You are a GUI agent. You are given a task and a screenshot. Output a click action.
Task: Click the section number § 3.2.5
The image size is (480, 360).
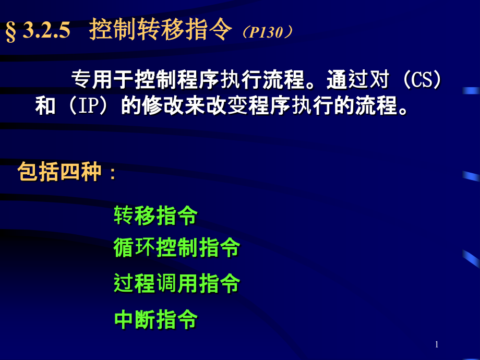38,31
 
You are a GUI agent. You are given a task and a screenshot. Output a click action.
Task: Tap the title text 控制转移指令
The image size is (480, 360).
160,29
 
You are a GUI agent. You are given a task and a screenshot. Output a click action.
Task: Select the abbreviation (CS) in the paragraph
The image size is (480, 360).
422,79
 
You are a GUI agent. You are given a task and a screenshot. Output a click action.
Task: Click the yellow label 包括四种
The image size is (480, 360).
59,172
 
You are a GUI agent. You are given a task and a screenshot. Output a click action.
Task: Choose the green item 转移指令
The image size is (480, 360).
156,215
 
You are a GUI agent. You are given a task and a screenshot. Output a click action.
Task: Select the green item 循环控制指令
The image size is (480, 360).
177,247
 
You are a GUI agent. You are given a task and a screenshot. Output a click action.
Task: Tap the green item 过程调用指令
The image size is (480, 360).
177,283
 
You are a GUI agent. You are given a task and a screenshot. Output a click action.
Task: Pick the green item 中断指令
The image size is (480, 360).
156,319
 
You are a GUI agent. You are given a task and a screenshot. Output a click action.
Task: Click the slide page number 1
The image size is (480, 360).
437,344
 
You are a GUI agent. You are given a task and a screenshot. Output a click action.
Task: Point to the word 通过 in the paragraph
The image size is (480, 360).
347,79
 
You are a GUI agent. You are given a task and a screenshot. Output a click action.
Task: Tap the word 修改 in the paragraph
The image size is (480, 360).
163,105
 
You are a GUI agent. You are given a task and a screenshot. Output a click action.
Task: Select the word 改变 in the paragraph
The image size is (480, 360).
226,105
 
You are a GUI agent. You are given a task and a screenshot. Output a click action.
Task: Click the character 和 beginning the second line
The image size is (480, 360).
45,105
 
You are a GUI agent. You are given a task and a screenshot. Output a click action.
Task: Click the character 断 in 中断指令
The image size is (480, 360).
145,319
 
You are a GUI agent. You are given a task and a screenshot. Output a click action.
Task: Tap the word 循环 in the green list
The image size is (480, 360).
135,247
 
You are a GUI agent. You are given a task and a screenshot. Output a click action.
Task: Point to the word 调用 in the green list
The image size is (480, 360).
177,283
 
